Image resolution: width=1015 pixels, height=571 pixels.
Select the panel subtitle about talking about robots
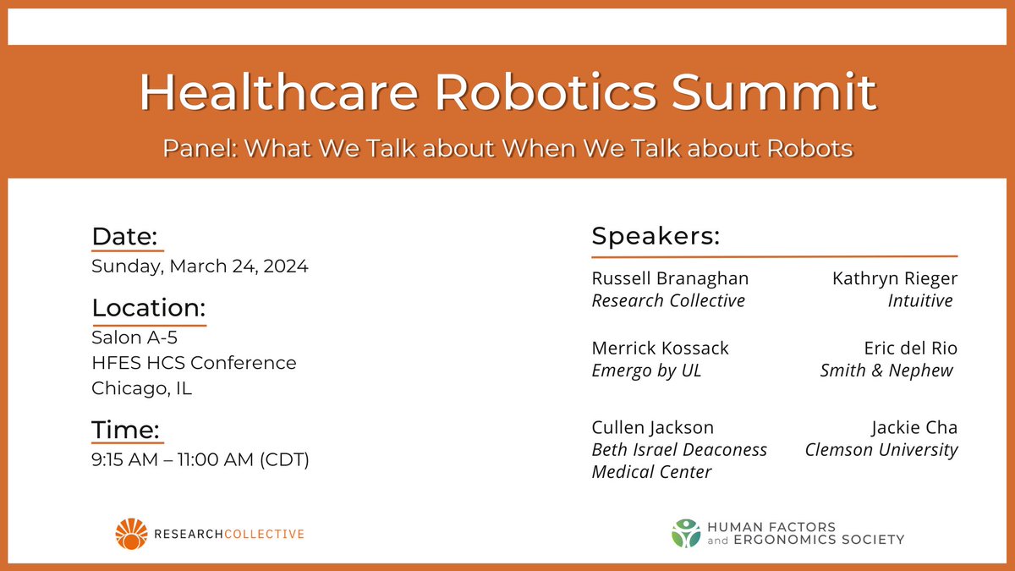pyautogui.click(x=507, y=149)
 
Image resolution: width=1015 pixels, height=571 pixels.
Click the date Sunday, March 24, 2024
pyautogui.click(x=200, y=266)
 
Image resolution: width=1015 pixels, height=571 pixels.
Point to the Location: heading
pyautogui.click(x=148, y=308)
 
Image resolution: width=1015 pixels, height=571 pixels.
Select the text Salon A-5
pyautogui.click(x=134, y=338)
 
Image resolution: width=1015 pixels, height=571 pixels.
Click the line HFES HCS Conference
pyautogui.click(x=194, y=363)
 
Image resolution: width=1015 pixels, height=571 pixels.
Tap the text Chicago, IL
pyautogui.click(x=141, y=388)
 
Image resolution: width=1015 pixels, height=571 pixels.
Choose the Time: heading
pyautogui.click(x=125, y=430)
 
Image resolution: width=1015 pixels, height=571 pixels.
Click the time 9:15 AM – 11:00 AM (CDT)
pyautogui.click(x=200, y=461)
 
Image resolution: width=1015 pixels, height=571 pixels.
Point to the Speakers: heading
pyautogui.click(x=655, y=236)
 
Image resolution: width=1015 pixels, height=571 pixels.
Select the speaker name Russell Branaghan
pyautogui.click(x=670, y=278)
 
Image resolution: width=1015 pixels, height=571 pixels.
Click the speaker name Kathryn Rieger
pyautogui.click(x=895, y=278)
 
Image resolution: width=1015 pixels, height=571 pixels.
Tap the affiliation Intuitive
pyautogui.click(x=920, y=300)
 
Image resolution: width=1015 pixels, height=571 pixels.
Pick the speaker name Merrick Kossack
pyautogui.click(x=660, y=349)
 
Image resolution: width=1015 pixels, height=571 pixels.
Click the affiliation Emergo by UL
pyautogui.click(x=646, y=371)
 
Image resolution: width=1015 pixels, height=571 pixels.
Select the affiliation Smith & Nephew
pyautogui.click(x=886, y=371)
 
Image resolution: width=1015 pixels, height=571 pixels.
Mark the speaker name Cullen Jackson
pyautogui.click(x=652, y=428)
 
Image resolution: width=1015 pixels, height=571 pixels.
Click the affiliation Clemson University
pyautogui.click(x=881, y=450)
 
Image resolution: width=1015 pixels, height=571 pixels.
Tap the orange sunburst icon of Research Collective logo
pyautogui.click(x=131, y=534)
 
